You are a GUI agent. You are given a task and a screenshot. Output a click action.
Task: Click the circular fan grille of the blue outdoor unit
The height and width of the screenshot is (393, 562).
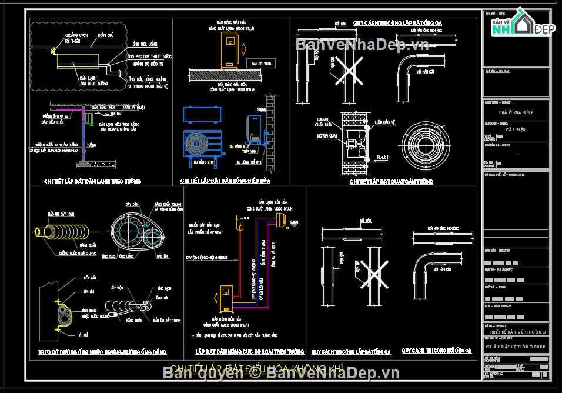coord(196,143)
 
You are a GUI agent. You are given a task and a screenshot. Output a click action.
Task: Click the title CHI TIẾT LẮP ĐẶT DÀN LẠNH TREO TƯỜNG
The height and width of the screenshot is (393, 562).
coord(92,181)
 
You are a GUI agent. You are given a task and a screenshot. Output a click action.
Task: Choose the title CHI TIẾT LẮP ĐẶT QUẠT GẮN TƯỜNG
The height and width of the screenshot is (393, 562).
coord(391,182)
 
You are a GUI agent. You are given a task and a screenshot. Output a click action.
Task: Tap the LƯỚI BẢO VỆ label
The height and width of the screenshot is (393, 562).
coord(386,123)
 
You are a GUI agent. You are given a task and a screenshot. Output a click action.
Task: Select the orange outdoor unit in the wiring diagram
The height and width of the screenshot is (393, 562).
coord(225,299)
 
